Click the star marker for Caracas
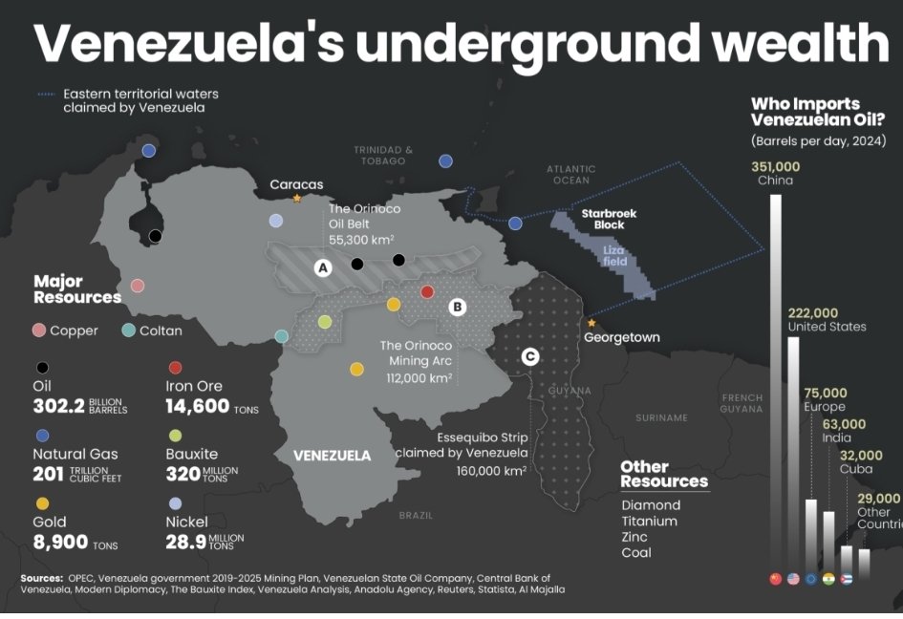(297, 199)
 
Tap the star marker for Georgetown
(591, 323)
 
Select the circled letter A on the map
(323, 268)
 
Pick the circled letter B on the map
(457, 307)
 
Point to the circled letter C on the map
(529, 356)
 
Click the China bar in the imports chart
(775, 382)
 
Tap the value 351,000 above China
(775, 166)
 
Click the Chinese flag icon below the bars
(775, 579)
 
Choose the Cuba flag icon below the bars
(846, 579)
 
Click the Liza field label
(614, 255)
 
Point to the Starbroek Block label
(609, 220)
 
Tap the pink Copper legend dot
(39, 331)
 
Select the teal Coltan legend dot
(129, 331)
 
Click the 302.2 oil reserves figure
(58, 406)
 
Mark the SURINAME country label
(661, 417)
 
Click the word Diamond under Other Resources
(651, 504)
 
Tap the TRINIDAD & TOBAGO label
(383, 155)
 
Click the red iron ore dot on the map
(427, 291)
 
